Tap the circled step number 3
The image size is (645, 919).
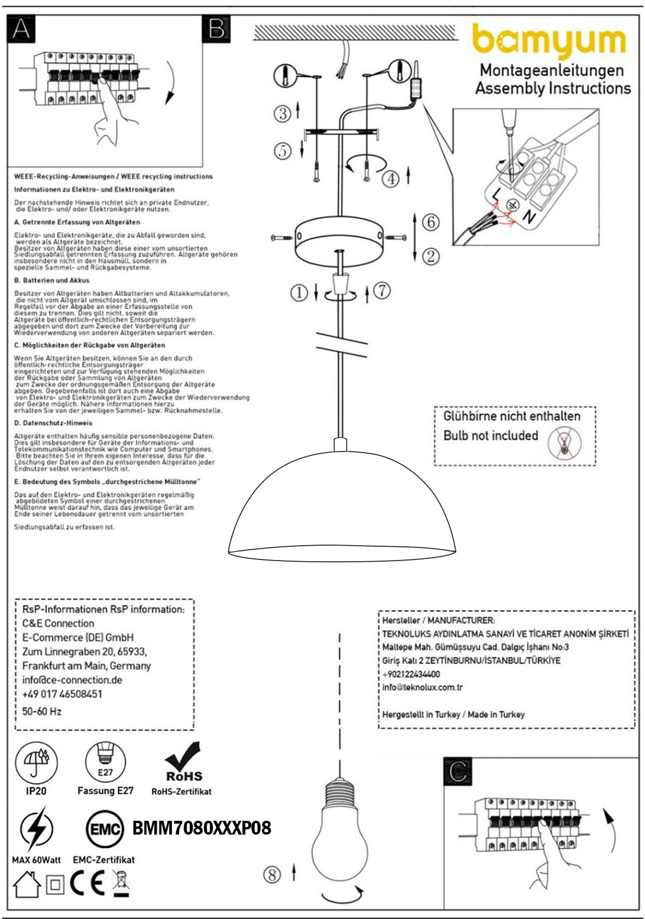(282, 113)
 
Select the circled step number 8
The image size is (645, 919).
(272, 875)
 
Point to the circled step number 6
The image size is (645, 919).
(430, 222)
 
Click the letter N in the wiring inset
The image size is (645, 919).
(529, 217)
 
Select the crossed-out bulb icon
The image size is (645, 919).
(564, 443)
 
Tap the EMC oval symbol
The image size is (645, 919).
(104, 829)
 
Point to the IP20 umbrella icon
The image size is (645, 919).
(36, 763)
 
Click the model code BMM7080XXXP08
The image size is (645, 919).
(201, 828)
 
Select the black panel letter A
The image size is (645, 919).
(21, 29)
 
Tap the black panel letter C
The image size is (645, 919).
(457, 771)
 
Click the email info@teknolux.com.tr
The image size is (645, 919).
(422, 688)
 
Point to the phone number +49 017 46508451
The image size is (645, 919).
(62, 694)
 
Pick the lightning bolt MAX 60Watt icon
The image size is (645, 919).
(36, 829)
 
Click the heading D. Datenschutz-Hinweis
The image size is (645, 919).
(53, 423)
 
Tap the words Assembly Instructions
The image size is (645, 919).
(553, 88)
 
